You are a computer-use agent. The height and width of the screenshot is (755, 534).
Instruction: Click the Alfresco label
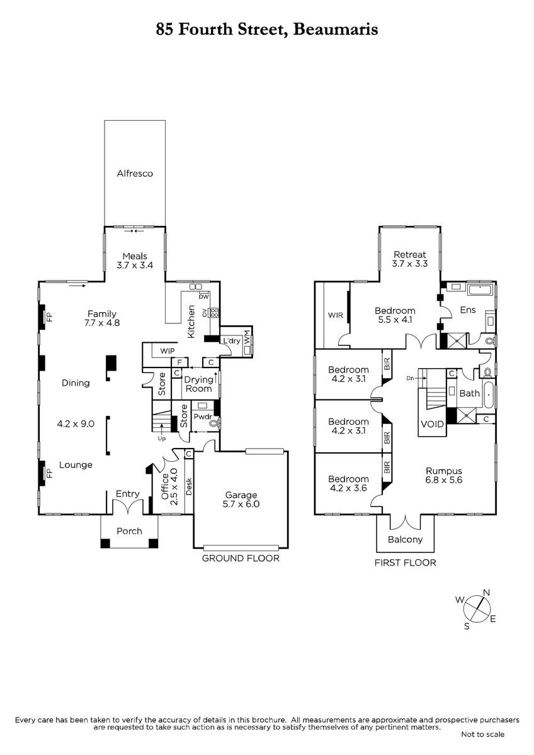135,173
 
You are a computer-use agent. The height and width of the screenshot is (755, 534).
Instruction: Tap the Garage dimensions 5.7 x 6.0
241,504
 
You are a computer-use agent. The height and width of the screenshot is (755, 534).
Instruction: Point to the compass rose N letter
486,593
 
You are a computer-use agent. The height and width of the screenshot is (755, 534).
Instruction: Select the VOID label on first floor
432,424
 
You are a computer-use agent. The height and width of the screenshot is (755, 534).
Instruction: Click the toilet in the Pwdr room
213,423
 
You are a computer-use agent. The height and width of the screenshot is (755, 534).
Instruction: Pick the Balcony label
405,540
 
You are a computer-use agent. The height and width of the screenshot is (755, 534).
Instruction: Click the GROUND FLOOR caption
241,558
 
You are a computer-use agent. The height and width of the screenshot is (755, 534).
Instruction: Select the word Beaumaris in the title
335,30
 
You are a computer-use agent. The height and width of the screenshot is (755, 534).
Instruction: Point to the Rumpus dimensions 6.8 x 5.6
443,480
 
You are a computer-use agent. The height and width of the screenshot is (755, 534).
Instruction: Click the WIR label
335,315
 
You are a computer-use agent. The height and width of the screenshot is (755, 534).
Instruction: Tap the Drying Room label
198,384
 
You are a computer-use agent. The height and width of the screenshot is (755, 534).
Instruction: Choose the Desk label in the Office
189,486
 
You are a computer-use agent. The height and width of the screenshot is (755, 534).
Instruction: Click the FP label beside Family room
50,316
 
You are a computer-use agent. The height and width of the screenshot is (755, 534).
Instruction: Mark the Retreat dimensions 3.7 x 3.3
410,264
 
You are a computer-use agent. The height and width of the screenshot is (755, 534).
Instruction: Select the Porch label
129,531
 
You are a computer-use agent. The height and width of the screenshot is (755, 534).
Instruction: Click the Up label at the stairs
162,439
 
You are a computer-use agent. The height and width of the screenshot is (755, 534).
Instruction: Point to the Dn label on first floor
410,378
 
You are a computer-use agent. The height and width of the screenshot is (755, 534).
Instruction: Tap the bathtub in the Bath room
488,393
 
